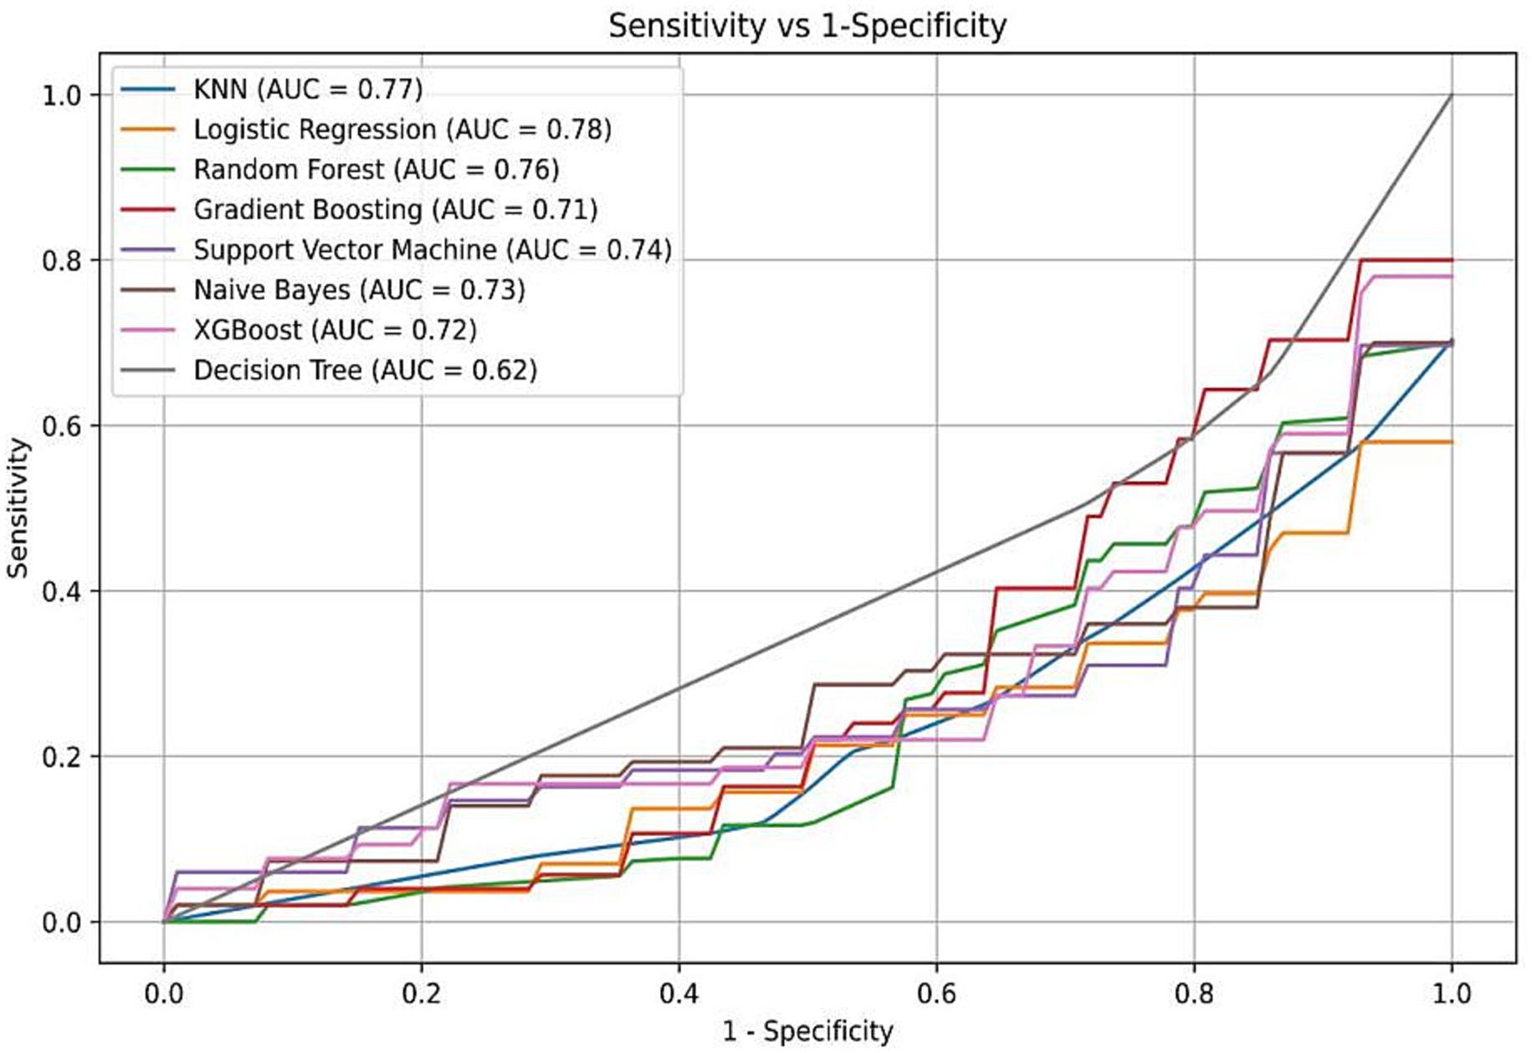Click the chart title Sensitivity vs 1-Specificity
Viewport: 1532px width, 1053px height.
807,26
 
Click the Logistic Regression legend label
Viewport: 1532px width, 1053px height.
402,129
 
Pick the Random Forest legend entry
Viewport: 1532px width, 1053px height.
376,169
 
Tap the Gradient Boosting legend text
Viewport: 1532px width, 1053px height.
395,209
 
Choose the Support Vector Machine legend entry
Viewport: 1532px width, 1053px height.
432,249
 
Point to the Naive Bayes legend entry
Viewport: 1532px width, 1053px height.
359,289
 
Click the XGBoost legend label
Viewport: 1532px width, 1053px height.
335,330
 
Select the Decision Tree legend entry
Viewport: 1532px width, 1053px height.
365,370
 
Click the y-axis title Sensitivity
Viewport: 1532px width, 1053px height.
18,508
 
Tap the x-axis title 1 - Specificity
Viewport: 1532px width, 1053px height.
807,1030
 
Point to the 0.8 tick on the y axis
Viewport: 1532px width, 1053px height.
62,260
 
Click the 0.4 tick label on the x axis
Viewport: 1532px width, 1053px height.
679,993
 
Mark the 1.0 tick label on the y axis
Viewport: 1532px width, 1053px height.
62,95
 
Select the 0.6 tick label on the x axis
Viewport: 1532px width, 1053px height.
936,993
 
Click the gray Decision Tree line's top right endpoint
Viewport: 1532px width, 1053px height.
1452,95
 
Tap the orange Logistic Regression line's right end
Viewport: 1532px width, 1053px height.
1452,442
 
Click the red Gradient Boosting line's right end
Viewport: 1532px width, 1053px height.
1452,260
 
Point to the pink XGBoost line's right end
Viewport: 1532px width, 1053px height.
1452,276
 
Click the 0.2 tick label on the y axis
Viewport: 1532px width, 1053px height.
62,756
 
